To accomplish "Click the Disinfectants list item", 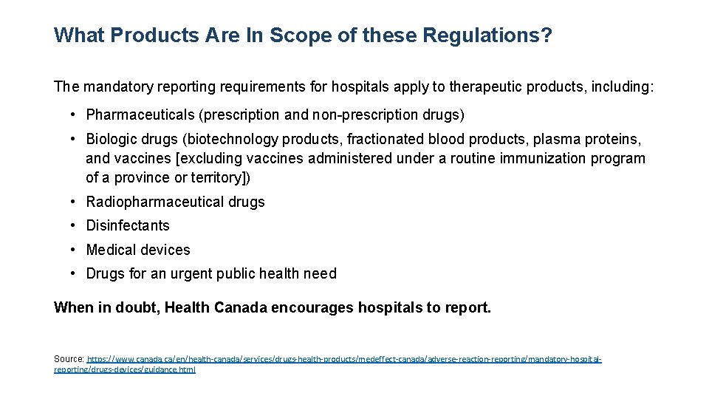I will pos(128,226).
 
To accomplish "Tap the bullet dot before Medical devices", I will pos(75,250).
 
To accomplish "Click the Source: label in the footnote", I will pos(69,359).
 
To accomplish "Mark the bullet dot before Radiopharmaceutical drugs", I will pos(75,202).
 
